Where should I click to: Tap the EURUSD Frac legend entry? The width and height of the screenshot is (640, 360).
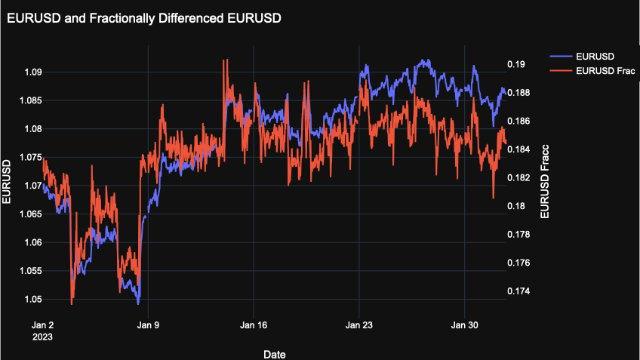(605, 71)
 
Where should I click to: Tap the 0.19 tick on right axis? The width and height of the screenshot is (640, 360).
(515, 64)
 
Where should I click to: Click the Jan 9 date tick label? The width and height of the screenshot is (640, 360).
(148, 325)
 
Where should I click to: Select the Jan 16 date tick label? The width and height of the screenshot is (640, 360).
(254, 325)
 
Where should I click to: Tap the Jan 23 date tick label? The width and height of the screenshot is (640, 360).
(359, 325)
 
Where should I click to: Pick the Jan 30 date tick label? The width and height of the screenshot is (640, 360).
(464, 325)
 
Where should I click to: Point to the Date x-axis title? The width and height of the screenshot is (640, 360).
(274, 353)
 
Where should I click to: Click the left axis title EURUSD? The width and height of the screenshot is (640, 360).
(7, 182)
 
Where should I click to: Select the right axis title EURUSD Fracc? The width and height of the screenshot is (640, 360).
(545, 182)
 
